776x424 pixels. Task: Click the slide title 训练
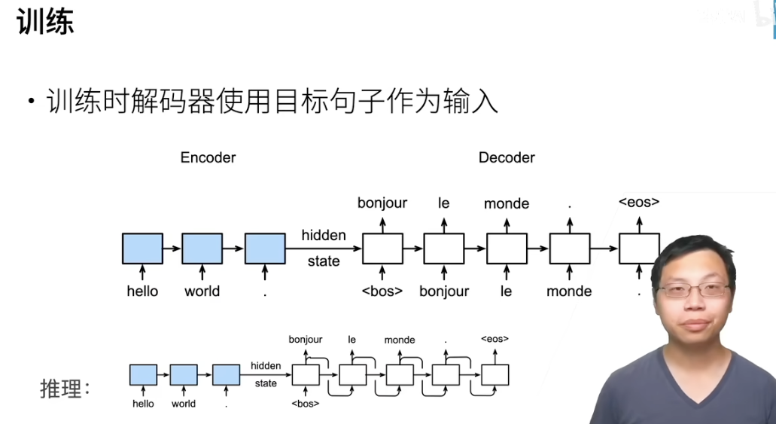click(45, 22)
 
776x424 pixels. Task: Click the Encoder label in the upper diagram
click(208, 157)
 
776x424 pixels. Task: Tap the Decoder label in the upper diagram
click(507, 157)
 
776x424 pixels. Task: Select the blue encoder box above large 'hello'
click(142, 249)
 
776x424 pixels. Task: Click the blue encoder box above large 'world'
click(202, 249)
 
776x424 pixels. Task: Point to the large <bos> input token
click(382, 291)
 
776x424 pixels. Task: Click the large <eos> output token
click(639, 202)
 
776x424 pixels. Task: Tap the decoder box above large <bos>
click(382, 249)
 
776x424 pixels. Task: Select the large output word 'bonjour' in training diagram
click(382, 203)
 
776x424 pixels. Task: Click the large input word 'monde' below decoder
click(569, 291)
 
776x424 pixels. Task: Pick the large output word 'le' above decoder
click(443, 203)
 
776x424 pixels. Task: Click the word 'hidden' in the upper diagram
click(324, 235)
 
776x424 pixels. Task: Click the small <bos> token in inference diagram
click(305, 404)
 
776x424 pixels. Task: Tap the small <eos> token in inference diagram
click(495, 339)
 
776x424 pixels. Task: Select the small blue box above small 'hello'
click(143, 375)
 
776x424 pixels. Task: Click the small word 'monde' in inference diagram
click(400, 340)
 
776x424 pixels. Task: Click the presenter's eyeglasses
click(693, 289)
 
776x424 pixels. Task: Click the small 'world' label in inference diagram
click(184, 404)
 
